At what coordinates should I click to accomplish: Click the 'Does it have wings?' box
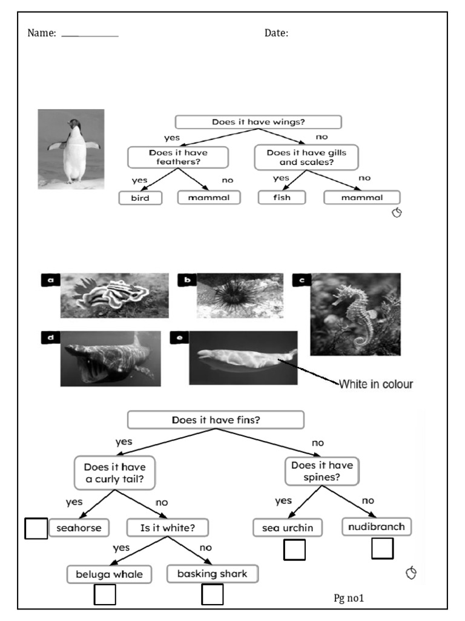(x=258, y=122)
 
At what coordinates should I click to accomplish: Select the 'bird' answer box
(x=139, y=198)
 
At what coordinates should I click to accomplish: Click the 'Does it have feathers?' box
(x=178, y=157)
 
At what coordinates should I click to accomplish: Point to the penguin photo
(x=71, y=149)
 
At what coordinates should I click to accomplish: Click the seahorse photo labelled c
(x=355, y=314)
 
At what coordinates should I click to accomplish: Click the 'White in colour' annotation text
(x=375, y=384)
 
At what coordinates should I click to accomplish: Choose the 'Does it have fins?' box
(x=216, y=420)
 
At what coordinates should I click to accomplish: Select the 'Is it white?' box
(x=167, y=528)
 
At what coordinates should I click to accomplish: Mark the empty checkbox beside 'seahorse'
(x=36, y=528)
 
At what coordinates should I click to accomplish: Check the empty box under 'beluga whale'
(x=105, y=594)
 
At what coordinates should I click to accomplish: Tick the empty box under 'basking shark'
(x=212, y=594)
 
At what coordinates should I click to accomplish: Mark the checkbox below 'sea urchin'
(x=294, y=549)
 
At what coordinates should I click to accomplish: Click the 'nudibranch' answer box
(x=376, y=526)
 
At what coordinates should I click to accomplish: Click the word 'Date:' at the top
(x=276, y=33)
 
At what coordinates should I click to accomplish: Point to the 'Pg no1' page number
(x=349, y=599)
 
